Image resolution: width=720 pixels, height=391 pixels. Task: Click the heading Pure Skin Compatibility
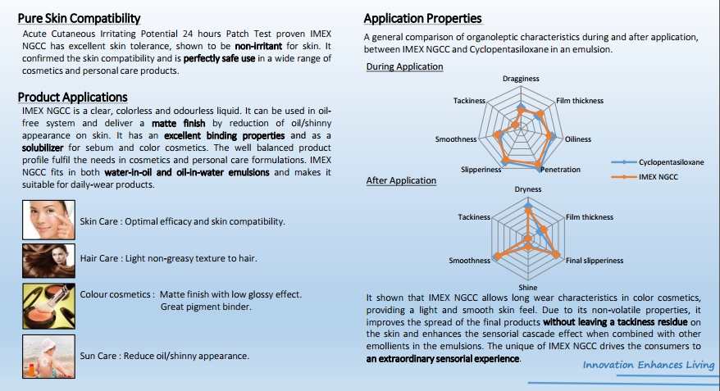click(x=79, y=18)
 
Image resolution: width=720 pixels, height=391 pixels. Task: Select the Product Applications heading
click(x=72, y=98)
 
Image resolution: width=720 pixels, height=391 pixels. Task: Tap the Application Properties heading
click(x=422, y=18)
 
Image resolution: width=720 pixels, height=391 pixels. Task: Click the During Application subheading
click(x=404, y=66)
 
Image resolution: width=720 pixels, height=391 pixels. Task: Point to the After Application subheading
click(x=401, y=180)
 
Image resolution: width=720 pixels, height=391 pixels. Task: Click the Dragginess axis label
click(x=521, y=79)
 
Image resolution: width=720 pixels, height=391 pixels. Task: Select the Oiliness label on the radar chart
click(x=577, y=139)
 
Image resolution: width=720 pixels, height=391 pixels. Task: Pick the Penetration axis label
click(x=561, y=170)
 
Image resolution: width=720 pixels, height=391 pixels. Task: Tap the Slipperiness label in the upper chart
click(x=481, y=170)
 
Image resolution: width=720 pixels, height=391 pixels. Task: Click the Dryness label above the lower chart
click(x=527, y=189)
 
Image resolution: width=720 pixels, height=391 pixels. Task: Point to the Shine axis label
click(x=527, y=287)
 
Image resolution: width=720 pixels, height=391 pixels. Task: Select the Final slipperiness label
click(x=595, y=260)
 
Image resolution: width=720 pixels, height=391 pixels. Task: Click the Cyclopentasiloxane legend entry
click(x=657, y=162)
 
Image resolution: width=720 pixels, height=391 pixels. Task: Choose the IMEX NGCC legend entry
click(x=645, y=177)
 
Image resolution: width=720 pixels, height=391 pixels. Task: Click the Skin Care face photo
click(x=48, y=220)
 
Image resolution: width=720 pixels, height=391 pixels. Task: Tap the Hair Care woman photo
click(x=48, y=261)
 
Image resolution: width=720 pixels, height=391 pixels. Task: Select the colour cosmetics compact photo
click(x=48, y=306)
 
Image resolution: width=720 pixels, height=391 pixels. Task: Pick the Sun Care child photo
click(x=48, y=357)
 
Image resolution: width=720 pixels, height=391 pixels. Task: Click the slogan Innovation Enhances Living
click(x=649, y=365)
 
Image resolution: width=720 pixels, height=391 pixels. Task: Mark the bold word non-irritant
click(x=258, y=46)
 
